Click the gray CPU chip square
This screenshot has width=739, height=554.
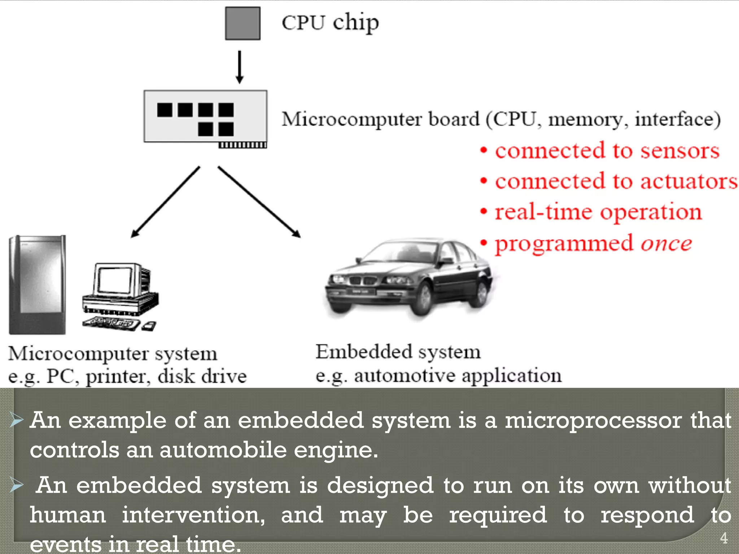[242, 23]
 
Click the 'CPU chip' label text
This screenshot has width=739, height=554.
[330, 23]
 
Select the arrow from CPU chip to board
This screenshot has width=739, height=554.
[239, 67]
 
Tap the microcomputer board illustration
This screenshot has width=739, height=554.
[205, 116]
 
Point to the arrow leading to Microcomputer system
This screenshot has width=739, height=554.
[165, 202]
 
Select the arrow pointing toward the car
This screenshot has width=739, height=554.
[259, 202]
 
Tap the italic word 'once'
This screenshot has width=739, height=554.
[666, 244]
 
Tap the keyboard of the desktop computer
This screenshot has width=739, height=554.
[110, 322]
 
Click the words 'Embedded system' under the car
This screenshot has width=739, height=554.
[398, 352]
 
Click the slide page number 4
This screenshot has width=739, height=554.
[723, 538]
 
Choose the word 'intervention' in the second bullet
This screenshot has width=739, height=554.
[193, 515]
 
